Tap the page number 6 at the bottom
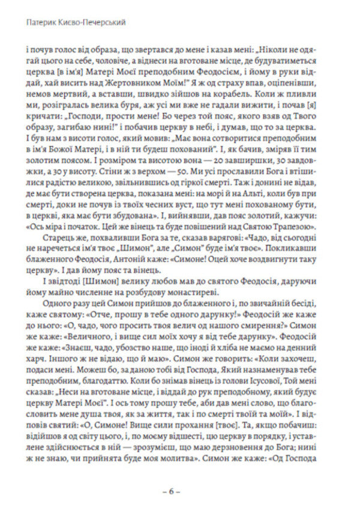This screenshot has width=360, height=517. pos(179,491)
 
